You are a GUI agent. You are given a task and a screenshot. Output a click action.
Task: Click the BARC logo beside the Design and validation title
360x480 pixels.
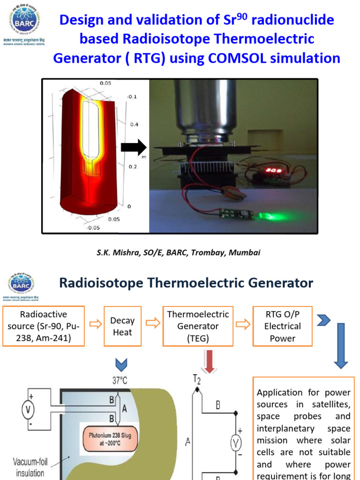coord(24,21)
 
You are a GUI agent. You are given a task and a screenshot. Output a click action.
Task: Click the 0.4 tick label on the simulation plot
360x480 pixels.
coord(134,125)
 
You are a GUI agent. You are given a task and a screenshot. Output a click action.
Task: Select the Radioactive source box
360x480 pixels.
coord(44,326)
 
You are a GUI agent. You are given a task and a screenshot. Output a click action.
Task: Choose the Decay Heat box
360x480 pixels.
coord(122,326)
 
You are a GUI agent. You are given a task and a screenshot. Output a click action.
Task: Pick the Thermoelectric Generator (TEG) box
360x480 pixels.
coord(198,326)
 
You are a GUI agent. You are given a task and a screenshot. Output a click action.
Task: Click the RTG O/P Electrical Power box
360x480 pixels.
coord(283,326)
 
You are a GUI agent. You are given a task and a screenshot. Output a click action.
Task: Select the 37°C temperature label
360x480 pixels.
coord(120,381)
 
